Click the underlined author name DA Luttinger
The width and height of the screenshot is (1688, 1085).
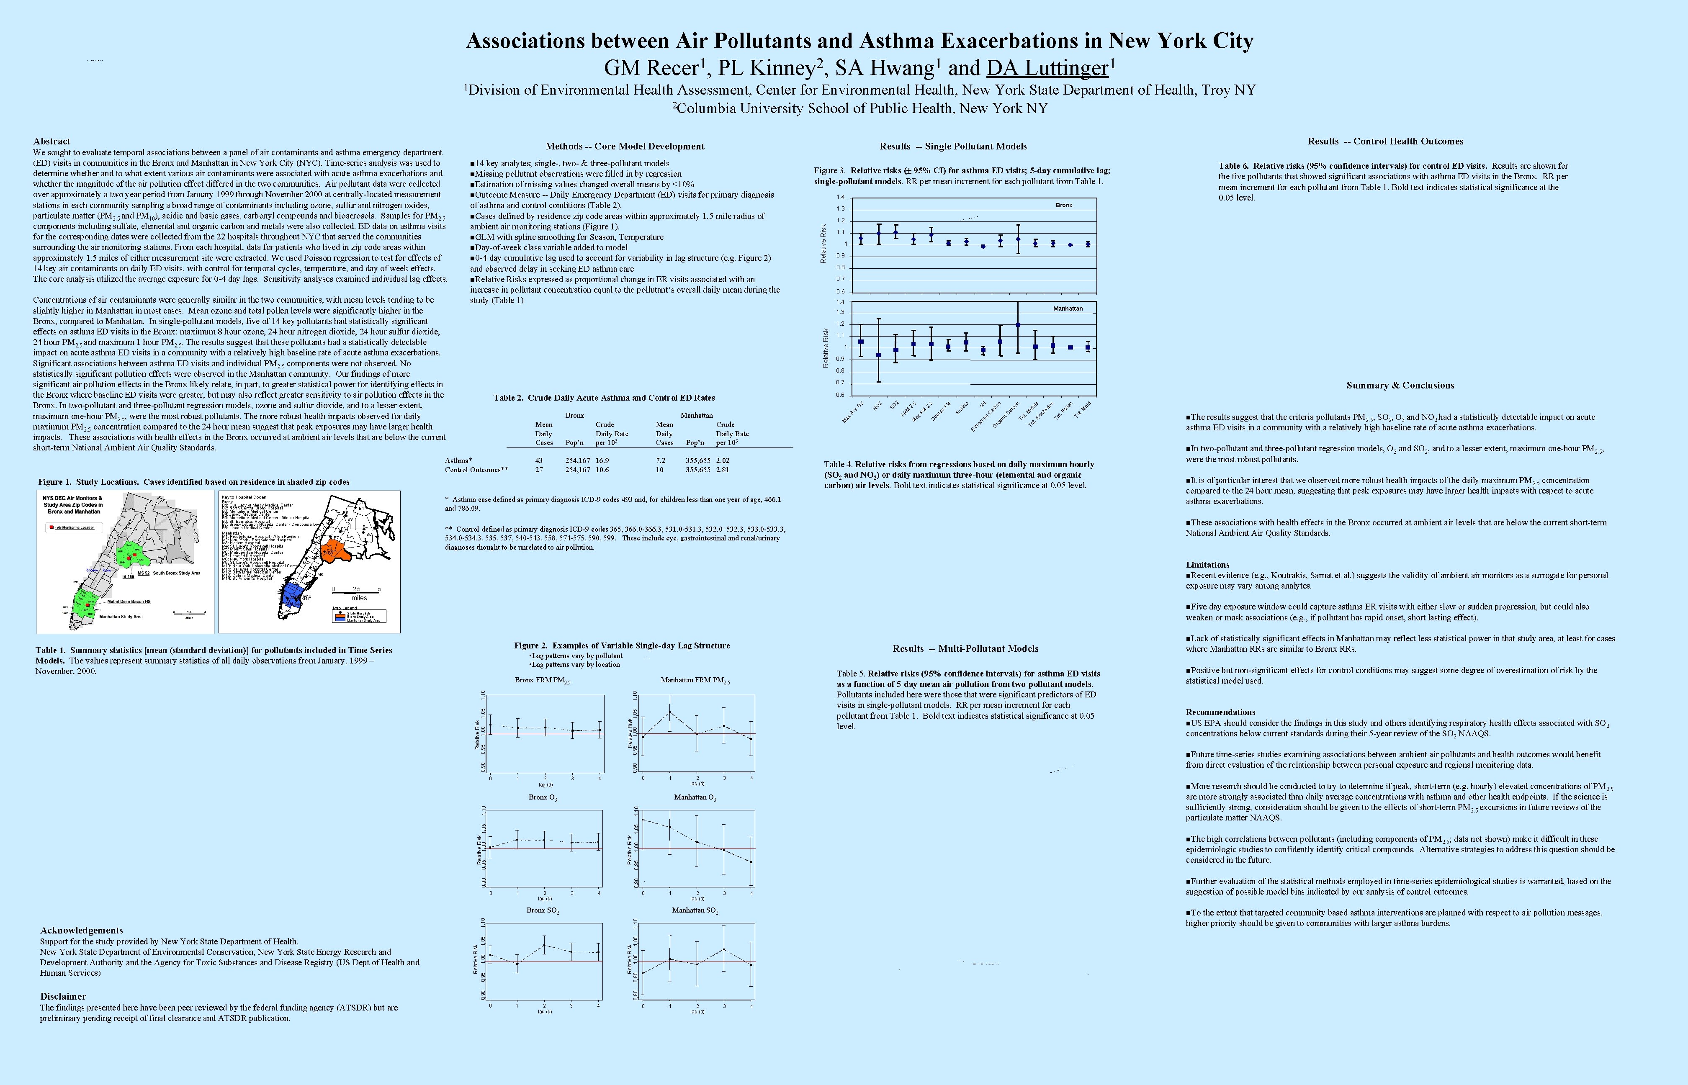(x=1047, y=68)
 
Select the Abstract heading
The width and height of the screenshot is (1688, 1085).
(x=51, y=141)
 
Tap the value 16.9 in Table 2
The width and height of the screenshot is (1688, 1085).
(x=602, y=460)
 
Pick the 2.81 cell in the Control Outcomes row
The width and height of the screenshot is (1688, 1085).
(x=723, y=469)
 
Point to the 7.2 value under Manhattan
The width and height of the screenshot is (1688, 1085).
(x=660, y=460)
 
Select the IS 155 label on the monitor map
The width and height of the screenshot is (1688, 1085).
(x=128, y=576)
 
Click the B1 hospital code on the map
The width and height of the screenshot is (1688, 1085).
(x=361, y=508)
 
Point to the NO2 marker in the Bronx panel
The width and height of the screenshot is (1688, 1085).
(x=878, y=233)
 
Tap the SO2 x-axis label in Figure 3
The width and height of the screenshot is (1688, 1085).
(x=894, y=406)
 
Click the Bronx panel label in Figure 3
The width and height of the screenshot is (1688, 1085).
(x=1064, y=205)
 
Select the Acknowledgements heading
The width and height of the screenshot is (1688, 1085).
(x=81, y=930)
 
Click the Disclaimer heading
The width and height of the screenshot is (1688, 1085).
(x=63, y=996)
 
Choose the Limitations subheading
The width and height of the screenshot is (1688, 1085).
(x=1207, y=564)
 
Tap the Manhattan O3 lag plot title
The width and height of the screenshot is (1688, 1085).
(x=695, y=797)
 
